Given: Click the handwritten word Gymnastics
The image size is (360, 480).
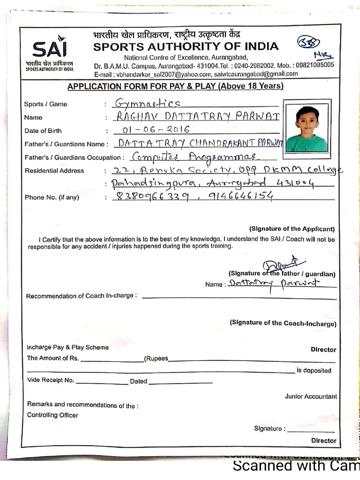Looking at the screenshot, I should (x=148, y=104).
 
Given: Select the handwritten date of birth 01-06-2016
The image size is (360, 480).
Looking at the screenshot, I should (x=156, y=130).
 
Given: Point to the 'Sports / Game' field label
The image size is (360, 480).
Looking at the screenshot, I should (x=45, y=104).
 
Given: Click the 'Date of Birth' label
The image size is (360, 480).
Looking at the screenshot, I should (x=43, y=131).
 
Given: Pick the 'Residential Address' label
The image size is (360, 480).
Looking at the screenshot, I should (x=54, y=171).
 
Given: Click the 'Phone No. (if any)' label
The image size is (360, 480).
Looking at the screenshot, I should (x=52, y=197).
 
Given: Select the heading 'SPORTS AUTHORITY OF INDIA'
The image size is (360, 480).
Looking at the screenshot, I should (x=186, y=46).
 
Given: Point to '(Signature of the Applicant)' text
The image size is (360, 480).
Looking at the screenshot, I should (x=292, y=229).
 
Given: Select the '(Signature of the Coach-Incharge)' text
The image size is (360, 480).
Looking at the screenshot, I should (x=283, y=323).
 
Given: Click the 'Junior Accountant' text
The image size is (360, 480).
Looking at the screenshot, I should (x=311, y=397).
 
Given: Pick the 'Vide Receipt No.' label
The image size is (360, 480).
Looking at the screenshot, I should (x=51, y=381).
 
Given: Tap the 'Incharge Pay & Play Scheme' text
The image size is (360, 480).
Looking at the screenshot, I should (x=67, y=347).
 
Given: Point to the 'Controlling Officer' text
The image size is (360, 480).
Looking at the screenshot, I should (x=52, y=415).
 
